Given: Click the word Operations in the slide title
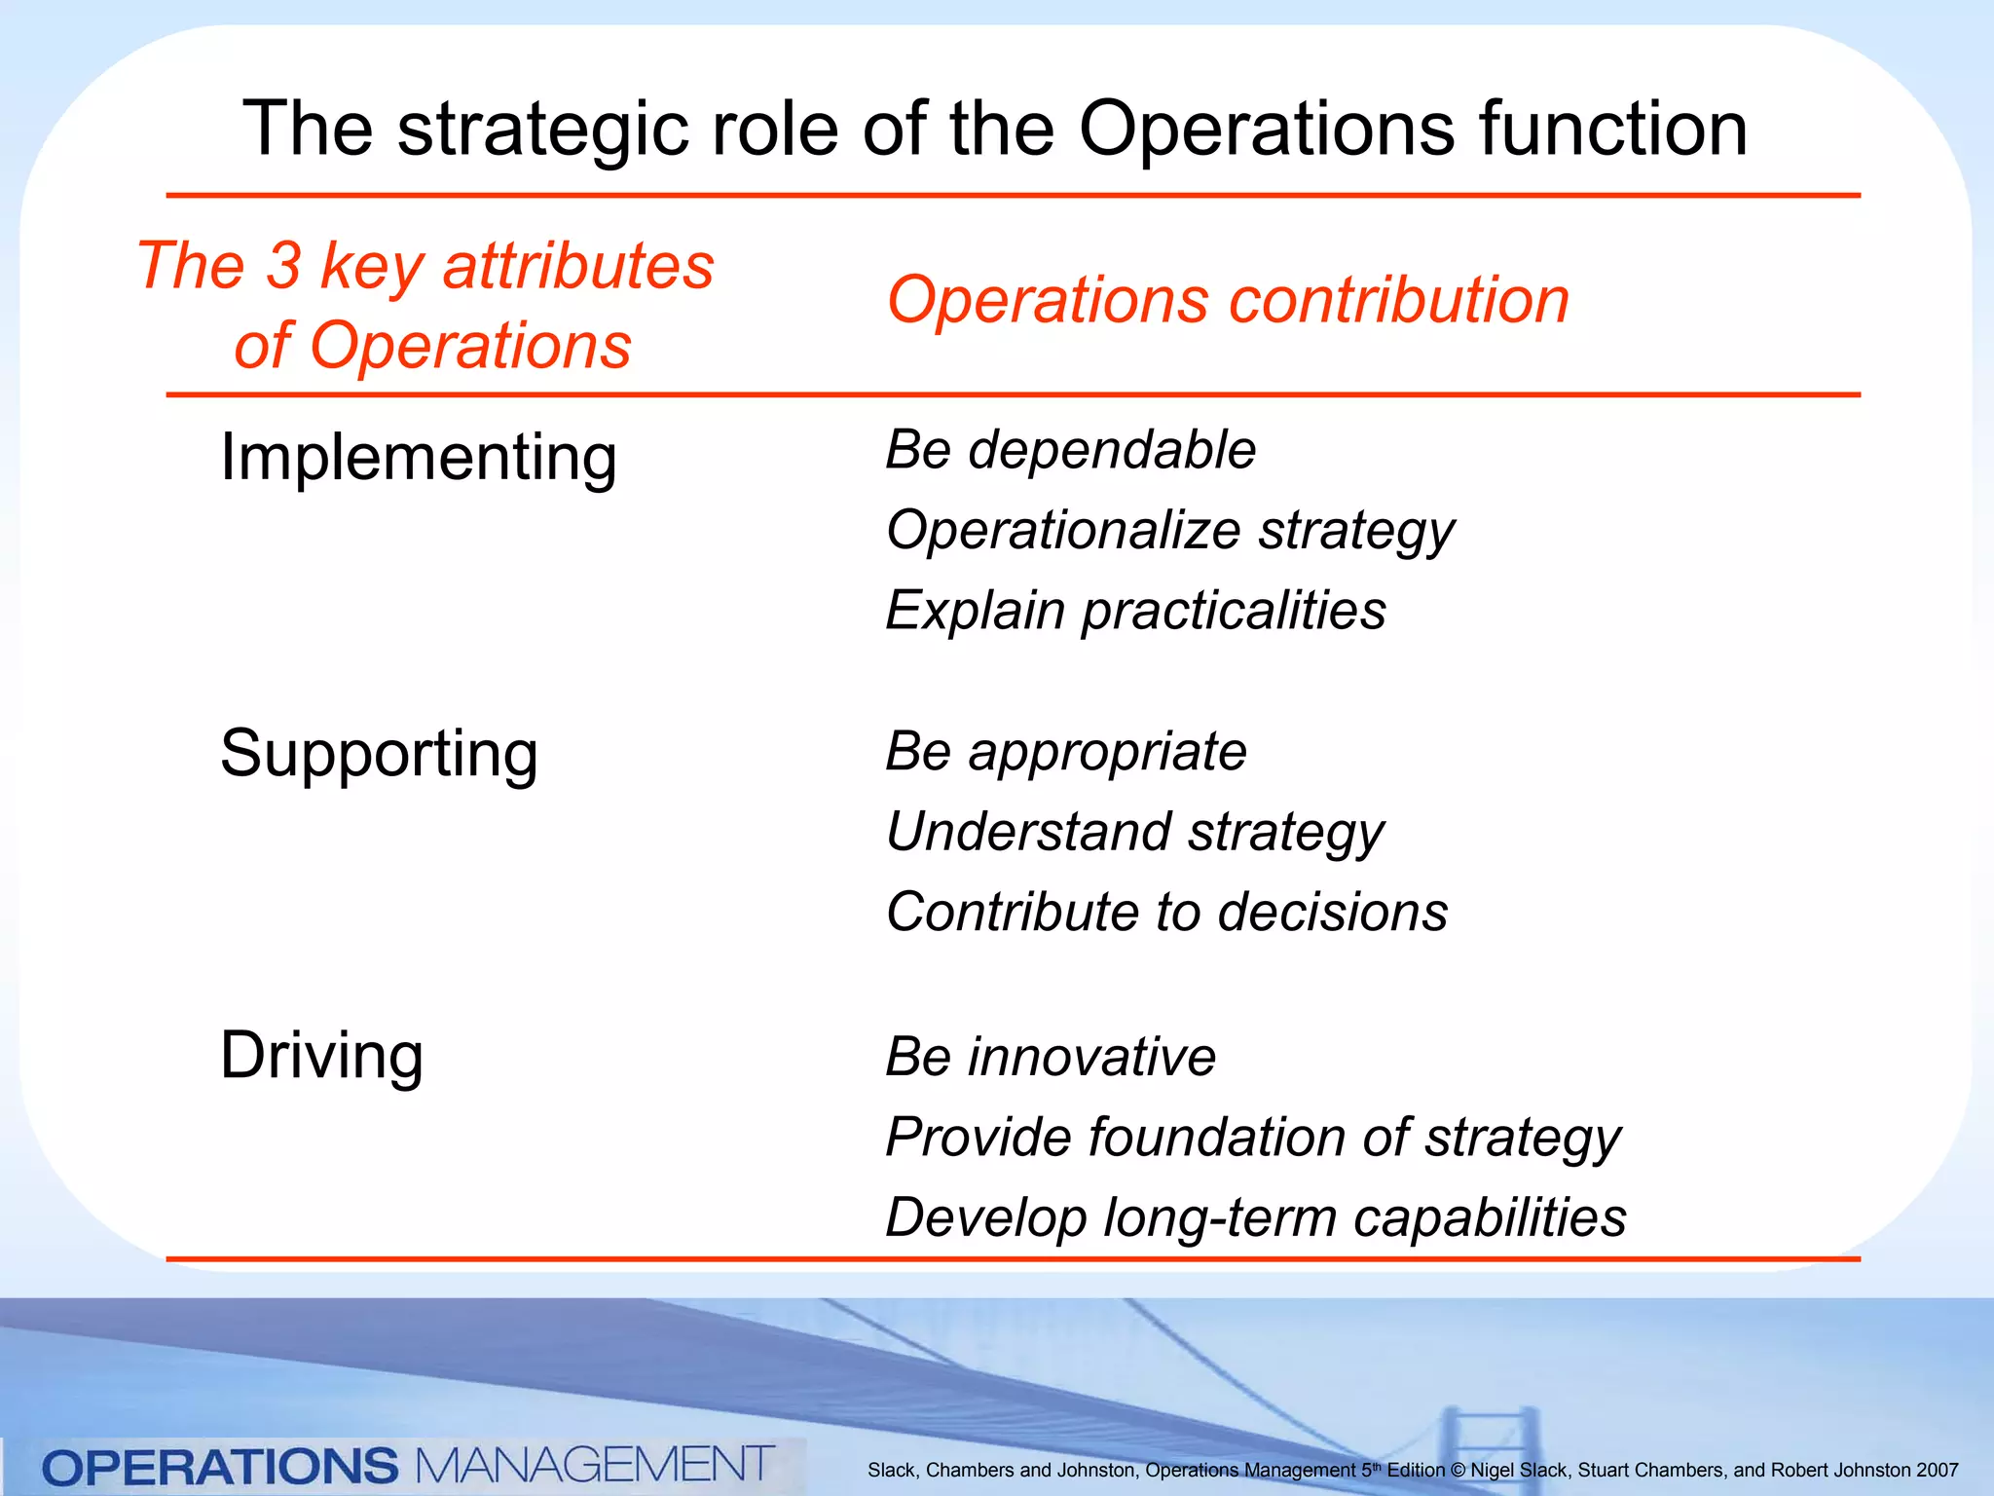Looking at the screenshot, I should point(1266,129).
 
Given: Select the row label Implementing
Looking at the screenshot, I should point(419,458).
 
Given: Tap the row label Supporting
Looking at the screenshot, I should point(379,754).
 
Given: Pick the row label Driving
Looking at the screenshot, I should point(321,1056).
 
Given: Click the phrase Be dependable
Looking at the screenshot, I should point(1070,451).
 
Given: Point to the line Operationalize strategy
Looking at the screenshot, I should point(1169,532).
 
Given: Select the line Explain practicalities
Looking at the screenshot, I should point(1135,612).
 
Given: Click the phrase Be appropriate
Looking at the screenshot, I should point(1065,752).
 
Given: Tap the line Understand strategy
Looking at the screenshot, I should point(1134,833).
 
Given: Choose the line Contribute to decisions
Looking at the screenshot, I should point(1166,913).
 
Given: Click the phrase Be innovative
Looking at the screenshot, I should point(1050,1057).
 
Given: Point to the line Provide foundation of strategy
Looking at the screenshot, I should point(1252,1138).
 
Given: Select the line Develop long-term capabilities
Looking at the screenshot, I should point(1255,1218).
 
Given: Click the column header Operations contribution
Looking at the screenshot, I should point(1228,300).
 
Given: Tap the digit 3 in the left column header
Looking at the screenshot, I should point(283,265).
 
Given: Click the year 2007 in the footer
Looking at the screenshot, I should point(1937,1471).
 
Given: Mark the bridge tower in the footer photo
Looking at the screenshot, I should point(1490,1441).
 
